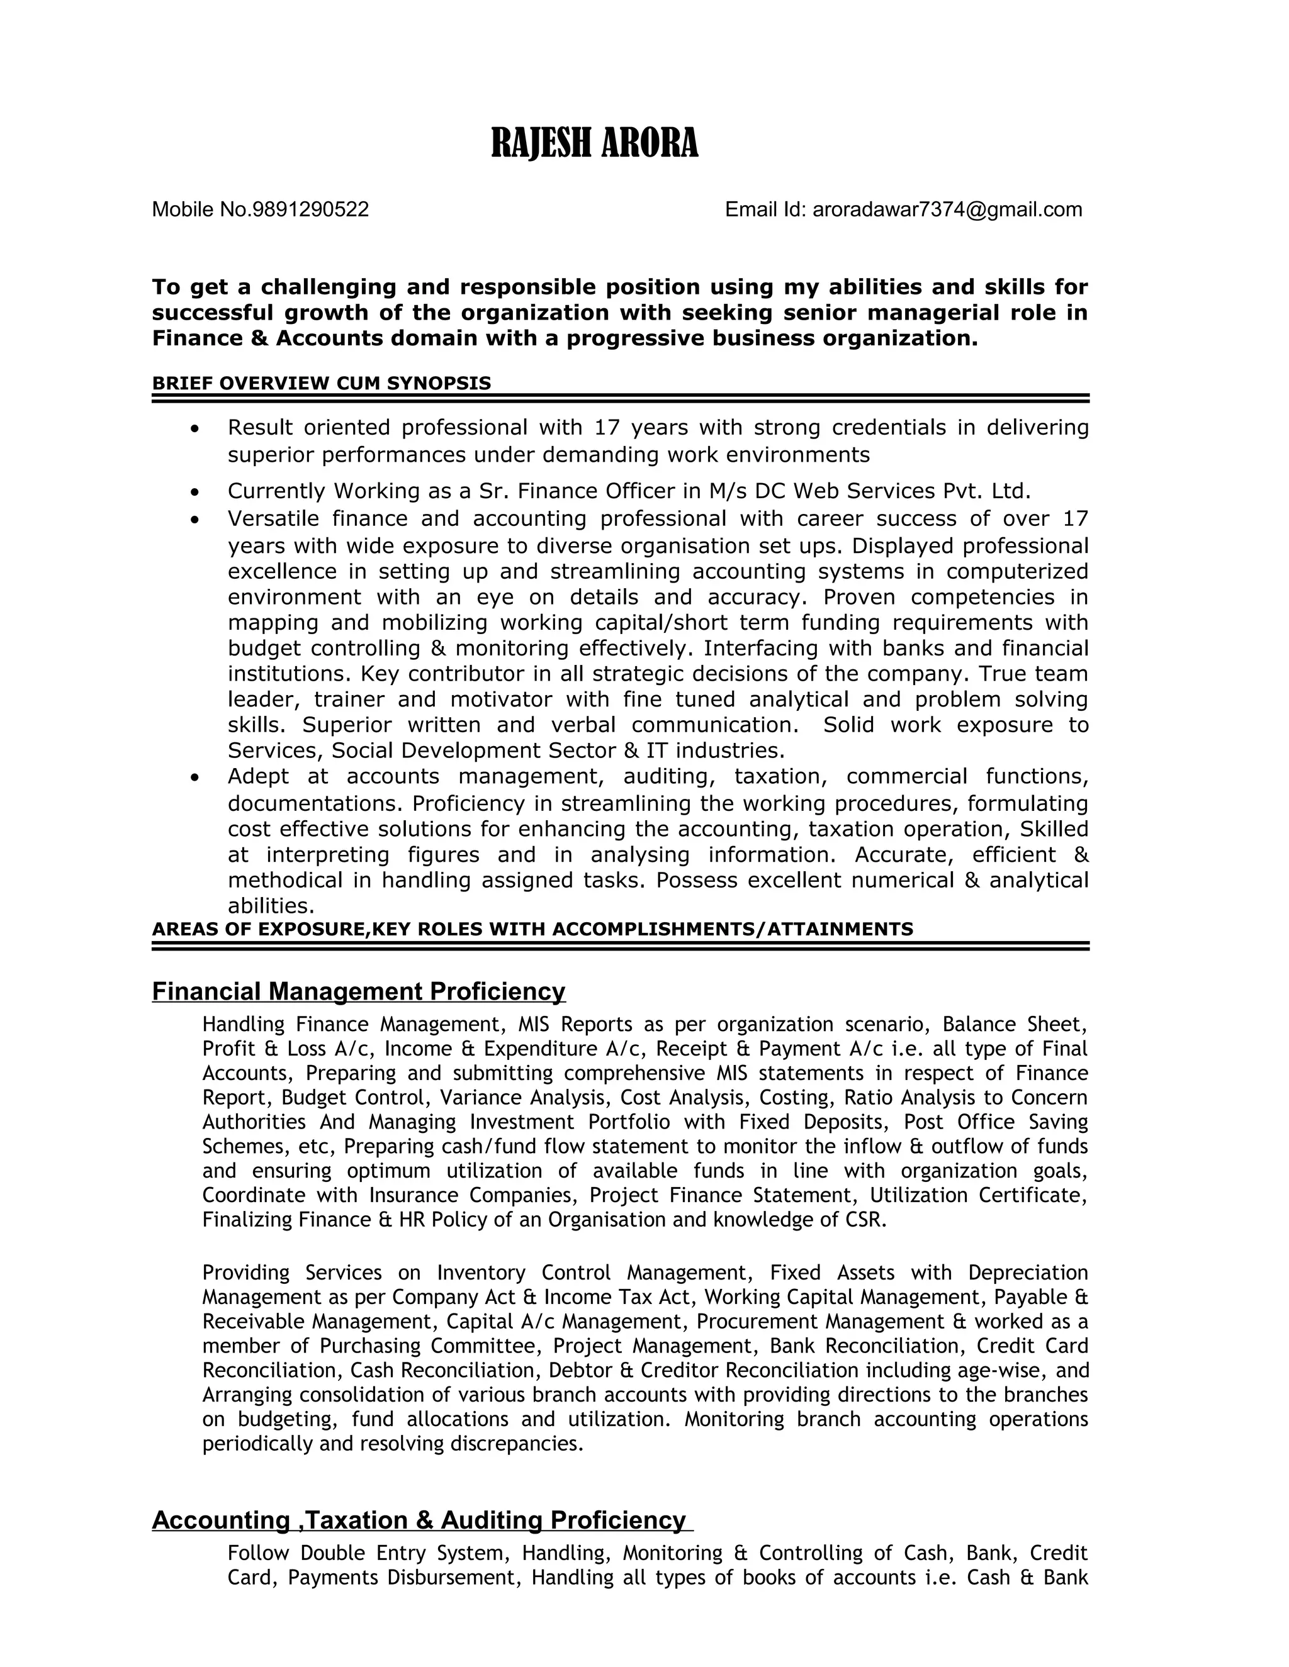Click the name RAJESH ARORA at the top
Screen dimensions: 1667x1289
(x=594, y=143)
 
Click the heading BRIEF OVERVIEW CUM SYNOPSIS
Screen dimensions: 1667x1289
(x=322, y=383)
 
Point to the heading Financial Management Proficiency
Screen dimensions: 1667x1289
(x=358, y=991)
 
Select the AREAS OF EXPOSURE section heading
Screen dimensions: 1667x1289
(x=532, y=929)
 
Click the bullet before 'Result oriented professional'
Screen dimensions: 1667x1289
(x=196, y=429)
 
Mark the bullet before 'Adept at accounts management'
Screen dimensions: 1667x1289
(x=196, y=778)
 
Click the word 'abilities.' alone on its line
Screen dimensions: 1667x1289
(x=271, y=906)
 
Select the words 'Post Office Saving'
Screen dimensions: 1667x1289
(x=996, y=1122)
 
